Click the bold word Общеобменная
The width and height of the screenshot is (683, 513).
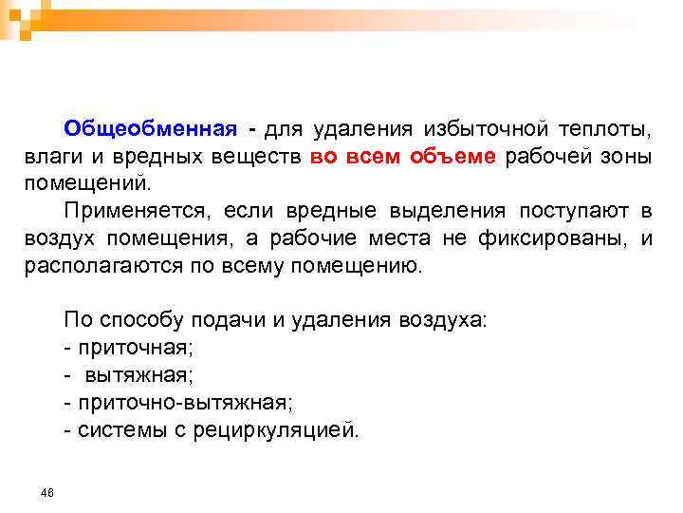coord(150,128)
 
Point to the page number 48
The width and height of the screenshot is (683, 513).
coord(47,492)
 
